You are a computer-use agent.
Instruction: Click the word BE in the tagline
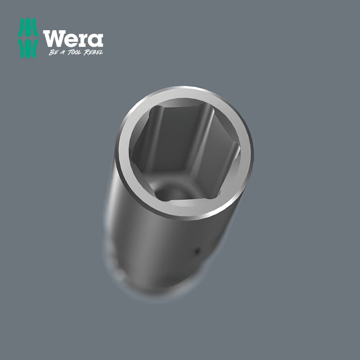tap(53, 52)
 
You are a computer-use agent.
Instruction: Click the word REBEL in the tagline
tap(94, 52)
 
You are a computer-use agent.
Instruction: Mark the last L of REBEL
tap(102, 52)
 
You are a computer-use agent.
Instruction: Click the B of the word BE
tap(51, 52)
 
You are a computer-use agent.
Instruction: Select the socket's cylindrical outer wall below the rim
tap(175, 243)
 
